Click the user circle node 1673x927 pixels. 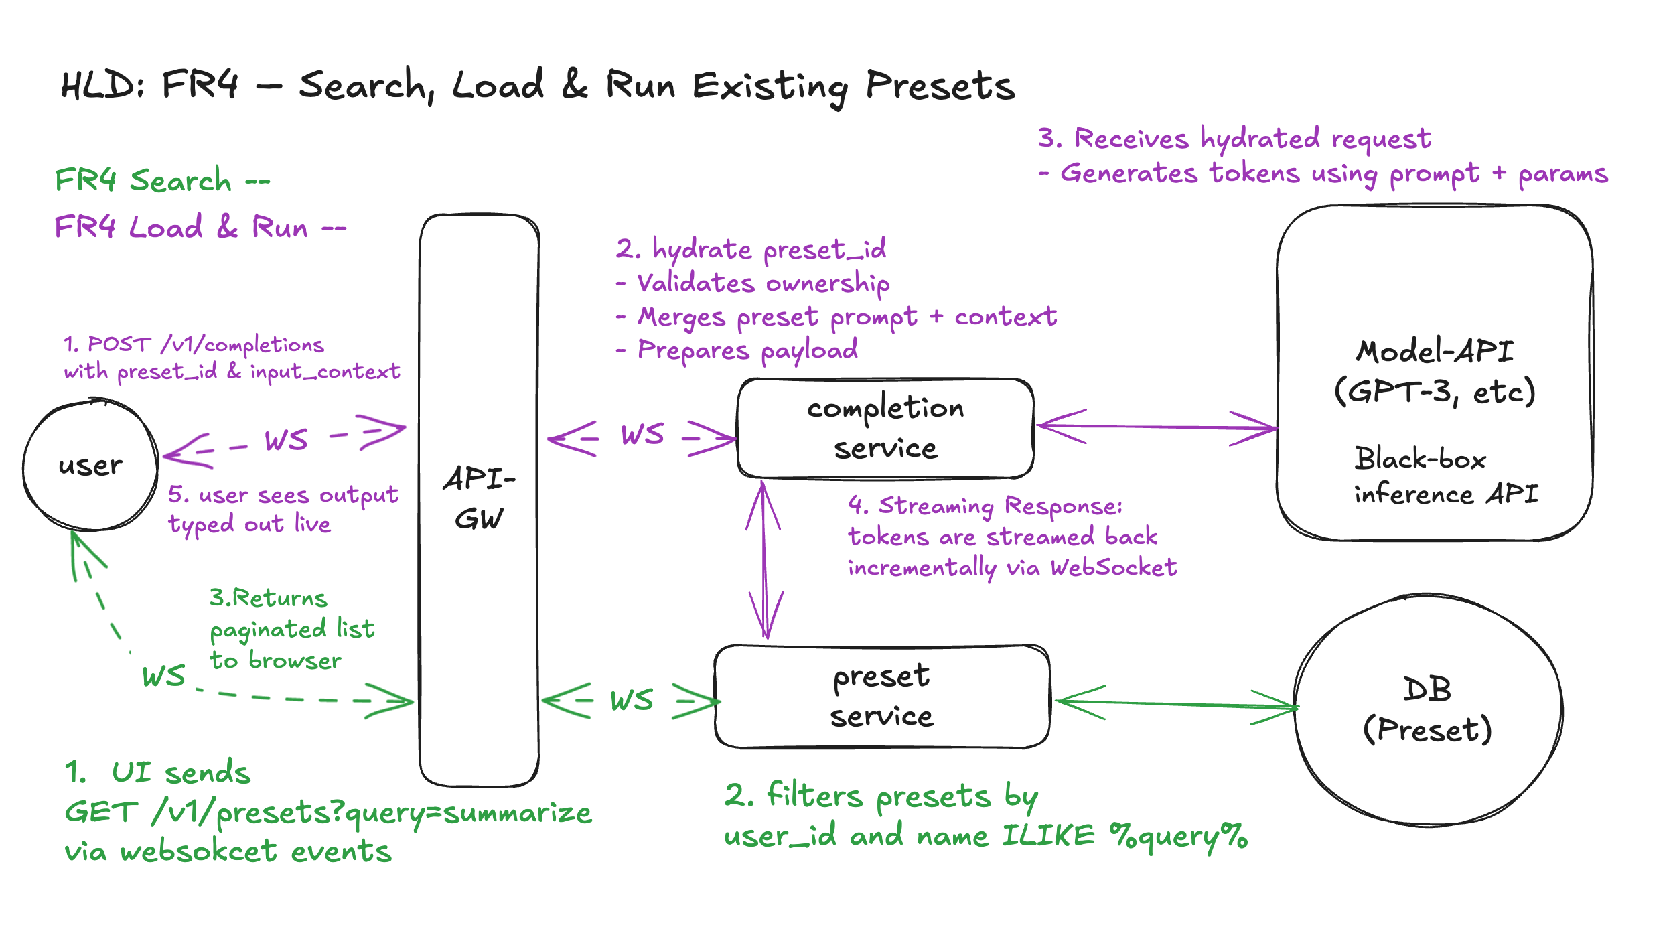tap(90, 466)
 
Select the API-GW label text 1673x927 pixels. tap(479, 498)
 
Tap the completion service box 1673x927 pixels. tap(885, 429)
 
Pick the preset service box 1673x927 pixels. tap(882, 697)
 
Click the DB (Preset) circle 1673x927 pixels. tap(1428, 709)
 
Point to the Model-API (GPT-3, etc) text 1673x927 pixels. tap(1435, 372)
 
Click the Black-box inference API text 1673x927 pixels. tap(1445, 476)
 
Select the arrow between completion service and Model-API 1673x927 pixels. tap(1156, 427)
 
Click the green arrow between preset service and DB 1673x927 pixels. tap(1176, 704)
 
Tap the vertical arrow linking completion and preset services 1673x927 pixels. tap(764, 560)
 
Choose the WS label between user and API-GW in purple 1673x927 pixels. tap(286, 441)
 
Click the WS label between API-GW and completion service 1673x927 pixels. tap(642, 435)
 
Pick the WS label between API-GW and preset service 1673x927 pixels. tap(632, 701)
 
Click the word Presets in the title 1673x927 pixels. tap(940, 87)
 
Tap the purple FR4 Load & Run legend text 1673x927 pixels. tap(200, 227)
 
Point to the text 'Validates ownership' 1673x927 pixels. tap(763, 283)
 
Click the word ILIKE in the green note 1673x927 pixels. tap(1048, 836)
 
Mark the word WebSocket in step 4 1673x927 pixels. tap(1113, 568)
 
